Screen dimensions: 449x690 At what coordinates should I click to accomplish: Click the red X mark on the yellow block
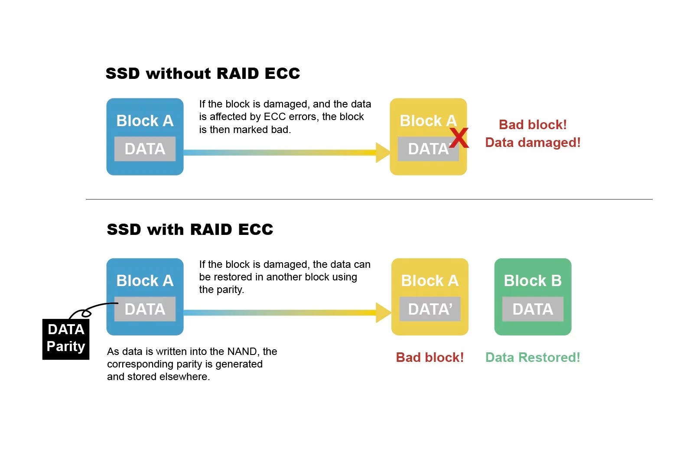459,138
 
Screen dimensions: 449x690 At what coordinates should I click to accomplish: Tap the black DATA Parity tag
66,339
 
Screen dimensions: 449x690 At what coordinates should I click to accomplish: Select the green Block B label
532,281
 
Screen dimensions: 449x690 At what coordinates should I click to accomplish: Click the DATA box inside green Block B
533,309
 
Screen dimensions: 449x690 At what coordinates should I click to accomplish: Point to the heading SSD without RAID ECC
203,74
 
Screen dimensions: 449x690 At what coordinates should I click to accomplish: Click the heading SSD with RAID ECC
190,229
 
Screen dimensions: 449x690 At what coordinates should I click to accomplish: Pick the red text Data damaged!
533,143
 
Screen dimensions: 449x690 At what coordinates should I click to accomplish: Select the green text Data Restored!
533,358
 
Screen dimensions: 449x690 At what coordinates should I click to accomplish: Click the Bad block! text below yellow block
430,358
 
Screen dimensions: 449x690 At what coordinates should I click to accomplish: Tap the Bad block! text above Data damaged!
533,125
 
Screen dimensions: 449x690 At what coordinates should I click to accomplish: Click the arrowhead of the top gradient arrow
383,153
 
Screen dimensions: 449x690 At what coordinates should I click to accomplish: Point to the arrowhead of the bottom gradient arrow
383,312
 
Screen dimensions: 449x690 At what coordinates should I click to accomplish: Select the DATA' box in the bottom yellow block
430,309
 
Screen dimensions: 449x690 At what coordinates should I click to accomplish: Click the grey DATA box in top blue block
145,149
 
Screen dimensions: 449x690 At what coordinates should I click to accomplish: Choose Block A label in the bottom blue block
145,281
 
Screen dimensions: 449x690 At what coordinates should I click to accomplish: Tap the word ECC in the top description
274,117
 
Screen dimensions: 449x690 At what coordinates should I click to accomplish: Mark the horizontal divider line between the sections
368,199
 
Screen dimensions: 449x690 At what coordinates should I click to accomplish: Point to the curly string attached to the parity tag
87,311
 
